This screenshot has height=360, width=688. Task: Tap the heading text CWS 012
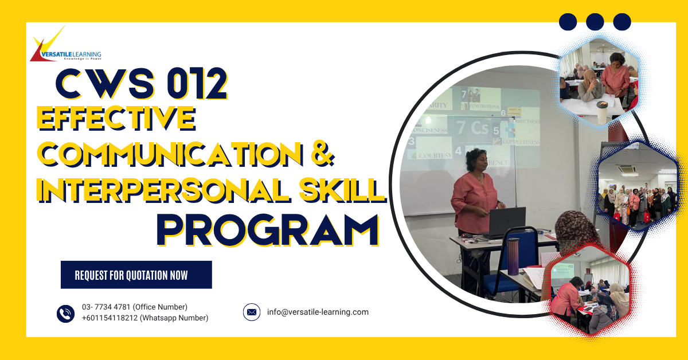tap(141, 83)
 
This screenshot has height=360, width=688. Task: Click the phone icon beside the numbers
tap(66, 313)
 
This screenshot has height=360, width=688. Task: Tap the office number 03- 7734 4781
tap(134, 307)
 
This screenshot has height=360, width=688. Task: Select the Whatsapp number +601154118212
tap(145, 318)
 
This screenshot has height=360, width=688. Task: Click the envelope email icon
tap(251, 312)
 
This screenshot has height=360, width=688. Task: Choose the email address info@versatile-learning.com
tap(318, 312)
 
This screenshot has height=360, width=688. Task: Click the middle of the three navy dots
tap(595, 22)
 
